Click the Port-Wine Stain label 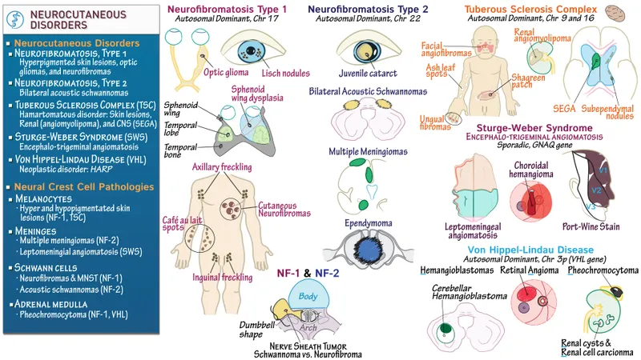click(591, 226)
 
